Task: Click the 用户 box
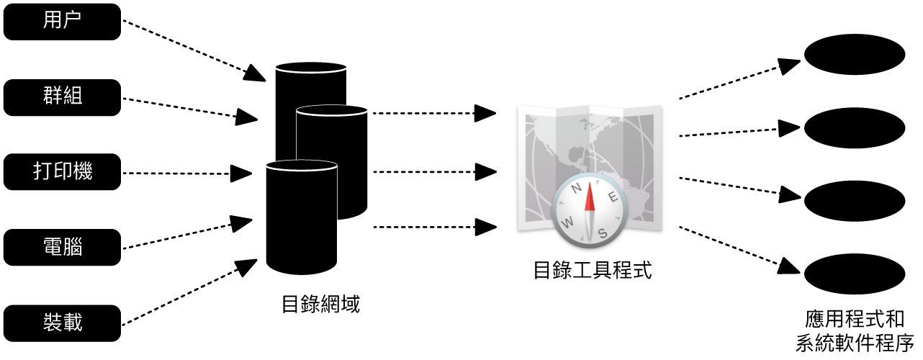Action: coord(63,22)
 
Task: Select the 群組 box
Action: coord(63,97)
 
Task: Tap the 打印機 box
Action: coord(63,171)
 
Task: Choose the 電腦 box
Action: coord(63,247)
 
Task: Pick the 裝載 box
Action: coord(63,322)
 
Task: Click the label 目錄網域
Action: coord(320,305)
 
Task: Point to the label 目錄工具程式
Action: coord(592,271)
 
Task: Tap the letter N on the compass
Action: coord(577,189)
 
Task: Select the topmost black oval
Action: coord(854,55)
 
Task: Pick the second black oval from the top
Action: coord(854,128)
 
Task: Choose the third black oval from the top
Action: coord(854,202)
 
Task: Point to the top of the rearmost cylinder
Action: coord(311,68)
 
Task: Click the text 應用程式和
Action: coord(855,318)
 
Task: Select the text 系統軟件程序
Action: coord(855,341)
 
